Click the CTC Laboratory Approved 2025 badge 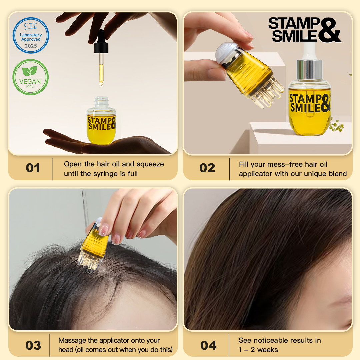tap(31, 35)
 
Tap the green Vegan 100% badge tap(31, 77)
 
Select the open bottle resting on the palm tap(101, 122)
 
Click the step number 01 tap(33, 168)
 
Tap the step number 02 tap(207, 168)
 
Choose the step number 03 tap(33, 345)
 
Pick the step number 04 tap(209, 345)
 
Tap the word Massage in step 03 tap(71, 340)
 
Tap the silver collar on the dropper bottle tap(310, 70)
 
